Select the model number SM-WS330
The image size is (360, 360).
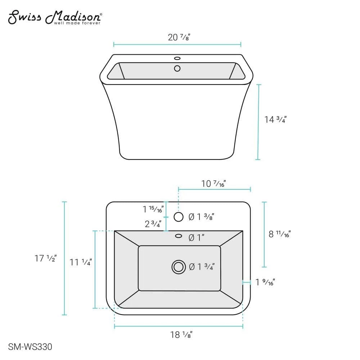pyautogui.click(x=30, y=347)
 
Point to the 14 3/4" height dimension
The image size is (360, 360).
pyautogui.click(x=275, y=120)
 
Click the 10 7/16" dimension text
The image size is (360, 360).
pyautogui.click(x=213, y=184)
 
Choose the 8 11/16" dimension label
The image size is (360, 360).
pyautogui.click(x=280, y=234)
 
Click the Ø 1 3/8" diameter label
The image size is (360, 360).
pyautogui.click(x=202, y=217)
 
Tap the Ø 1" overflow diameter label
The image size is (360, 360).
pyautogui.click(x=197, y=238)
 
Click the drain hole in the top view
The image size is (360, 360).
pyautogui.click(x=178, y=267)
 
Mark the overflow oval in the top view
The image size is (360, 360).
pyautogui.click(x=178, y=236)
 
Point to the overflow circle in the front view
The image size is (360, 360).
pyautogui.click(x=177, y=68)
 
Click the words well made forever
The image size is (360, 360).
pyautogui.click(x=77, y=23)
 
